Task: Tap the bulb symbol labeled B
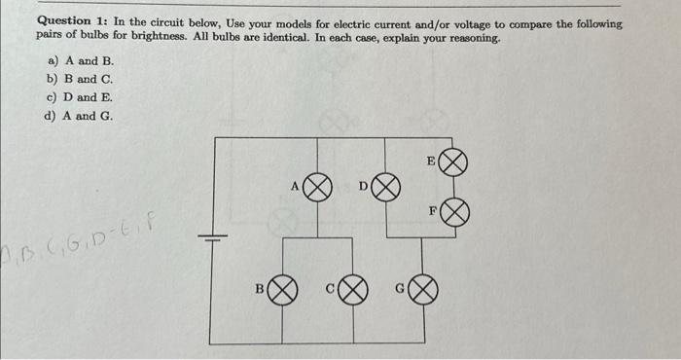[x=282, y=289]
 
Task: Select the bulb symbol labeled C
[x=354, y=289]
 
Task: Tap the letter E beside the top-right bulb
[x=431, y=159]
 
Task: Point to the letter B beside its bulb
[x=260, y=288]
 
